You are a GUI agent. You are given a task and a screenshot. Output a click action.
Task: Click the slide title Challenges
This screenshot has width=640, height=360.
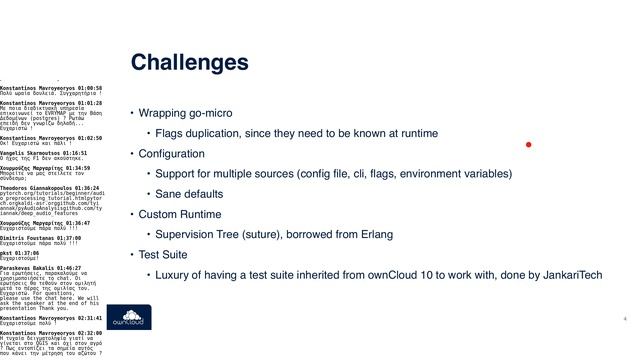[190, 63]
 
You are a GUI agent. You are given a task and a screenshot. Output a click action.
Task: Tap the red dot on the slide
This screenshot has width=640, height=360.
[528, 145]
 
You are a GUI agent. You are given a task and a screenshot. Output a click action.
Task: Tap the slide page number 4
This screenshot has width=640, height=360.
[624, 319]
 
